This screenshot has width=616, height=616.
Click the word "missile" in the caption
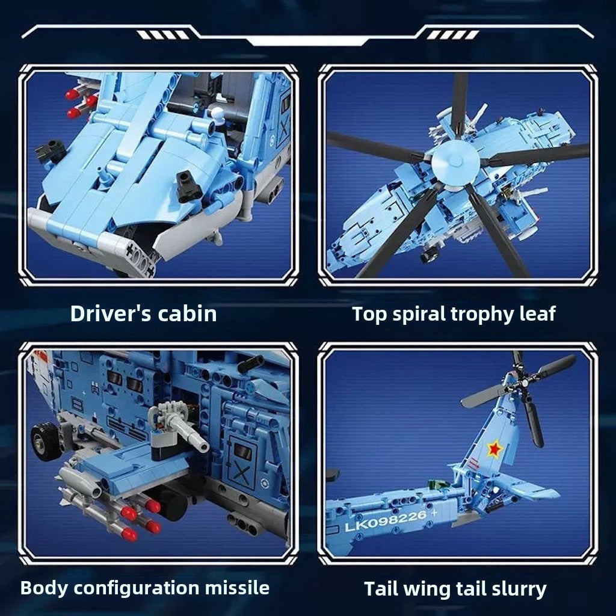coord(237,588)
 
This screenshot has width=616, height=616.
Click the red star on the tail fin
coord(495,449)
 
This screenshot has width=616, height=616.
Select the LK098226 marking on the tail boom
coord(386,520)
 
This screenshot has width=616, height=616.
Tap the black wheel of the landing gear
coord(46,441)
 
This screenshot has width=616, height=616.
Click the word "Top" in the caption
coord(369,315)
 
